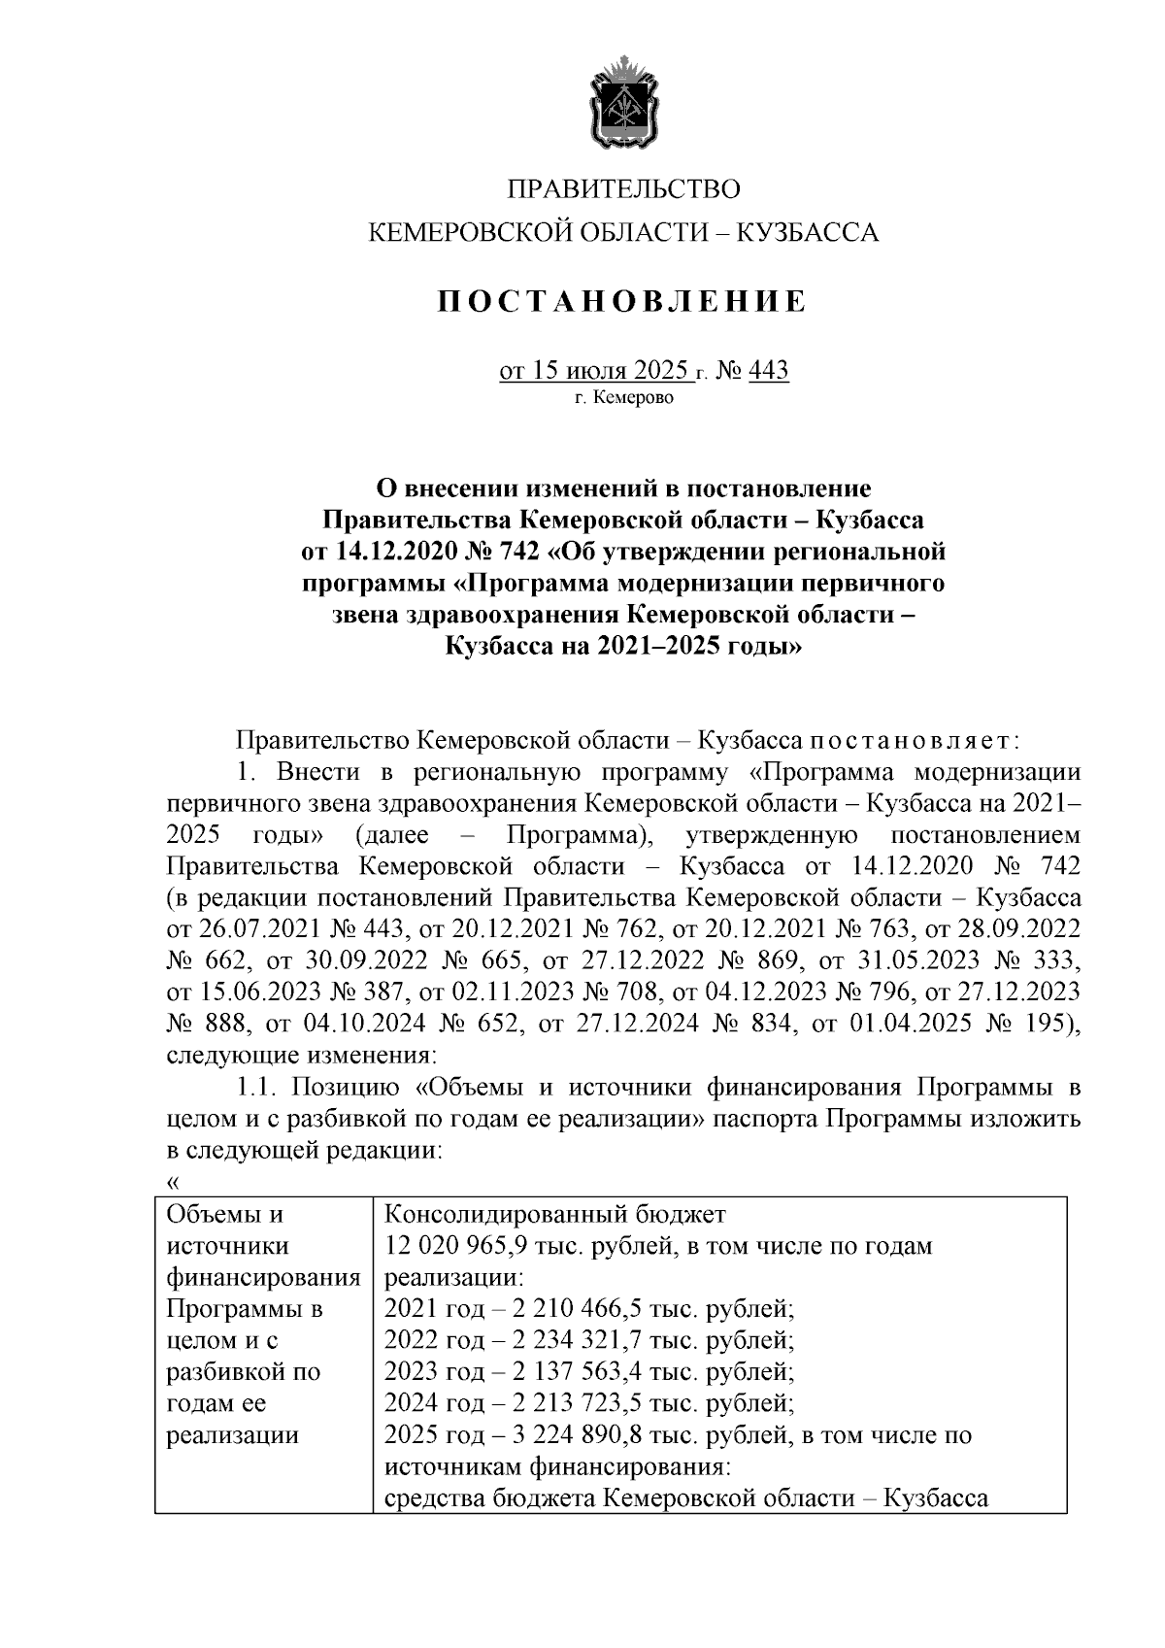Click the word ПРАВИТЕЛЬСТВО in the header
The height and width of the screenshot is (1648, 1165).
coord(625,187)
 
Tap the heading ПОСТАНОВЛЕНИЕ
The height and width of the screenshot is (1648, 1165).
coord(621,302)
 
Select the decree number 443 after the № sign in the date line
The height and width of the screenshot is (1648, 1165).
coord(769,371)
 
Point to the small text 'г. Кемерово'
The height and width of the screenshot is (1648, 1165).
coord(623,398)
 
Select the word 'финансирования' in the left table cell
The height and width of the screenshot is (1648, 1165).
coord(263,1278)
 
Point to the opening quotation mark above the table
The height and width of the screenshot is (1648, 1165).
coord(173,1182)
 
